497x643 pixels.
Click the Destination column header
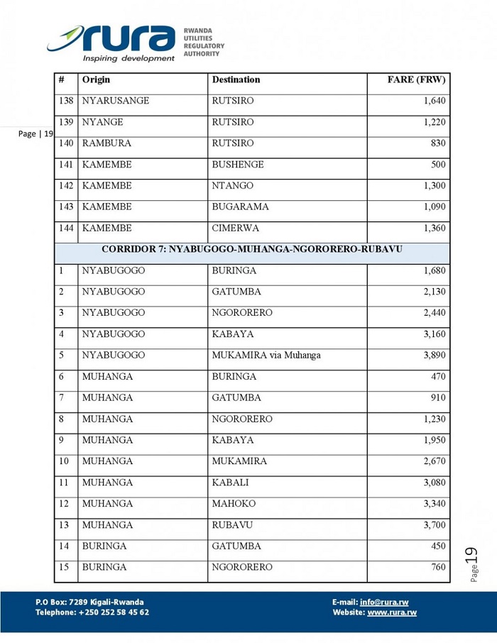pyautogui.click(x=236, y=80)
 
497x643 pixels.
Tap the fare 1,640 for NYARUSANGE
pyautogui.click(x=434, y=101)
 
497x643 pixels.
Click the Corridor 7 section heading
pyautogui.click(x=252, y=250)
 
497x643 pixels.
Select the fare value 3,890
pyautogui.click(x=434, y=355)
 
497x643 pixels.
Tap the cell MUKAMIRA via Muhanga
pyautogui.click(x=266, y=355)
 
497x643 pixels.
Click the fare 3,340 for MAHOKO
pyautogui.click(x=434, y=504)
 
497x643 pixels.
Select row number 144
pyautogui.click(x=66, y=229)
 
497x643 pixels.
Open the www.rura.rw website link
pyautogui.click(x=392, y=612)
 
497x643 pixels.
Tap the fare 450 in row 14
pyautogui.click(x=438, y=546)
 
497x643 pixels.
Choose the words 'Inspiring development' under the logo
pyautogui.click(x=129, y=58)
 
